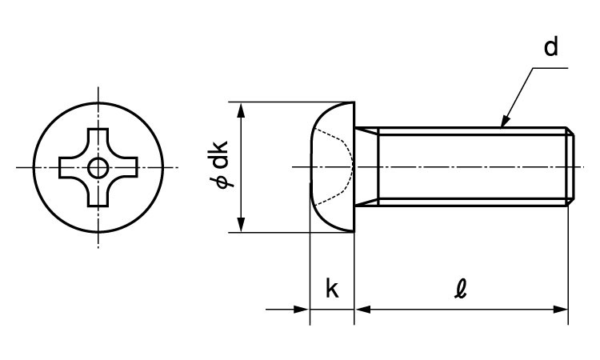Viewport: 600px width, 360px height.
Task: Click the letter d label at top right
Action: tap(551, 48)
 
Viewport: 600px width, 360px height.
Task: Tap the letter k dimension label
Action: tap(331, 289)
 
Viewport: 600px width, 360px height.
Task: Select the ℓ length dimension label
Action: tap(462, 289)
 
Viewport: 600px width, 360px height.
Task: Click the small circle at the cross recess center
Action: tap(98, 167)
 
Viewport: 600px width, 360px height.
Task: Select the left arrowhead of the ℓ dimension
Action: tap(362, 308)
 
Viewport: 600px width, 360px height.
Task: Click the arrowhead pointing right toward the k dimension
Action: tap(302, 308)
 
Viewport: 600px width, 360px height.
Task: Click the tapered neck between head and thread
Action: tap(365, 166)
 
